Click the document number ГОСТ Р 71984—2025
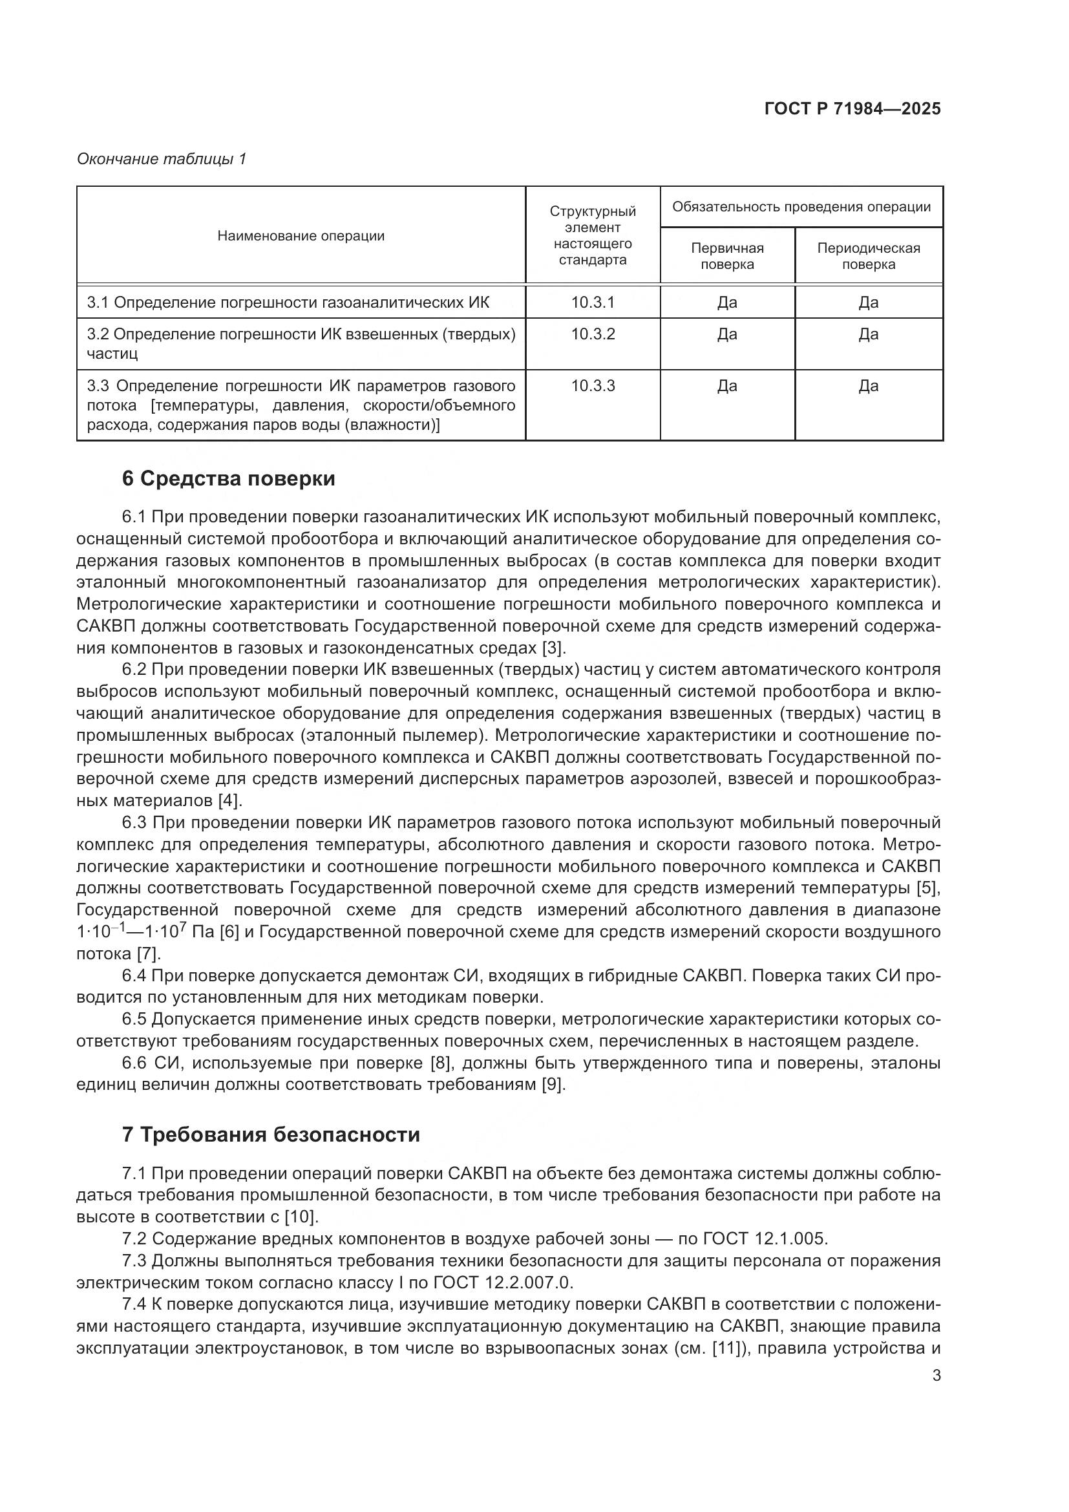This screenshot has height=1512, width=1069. [852, 109]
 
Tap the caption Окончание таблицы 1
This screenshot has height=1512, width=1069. [162, 159]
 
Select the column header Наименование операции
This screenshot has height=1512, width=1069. [301, 236]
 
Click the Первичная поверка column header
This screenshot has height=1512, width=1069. [726, 256]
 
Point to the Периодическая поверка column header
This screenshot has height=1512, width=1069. [868, 256]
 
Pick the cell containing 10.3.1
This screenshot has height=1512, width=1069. [593, 303]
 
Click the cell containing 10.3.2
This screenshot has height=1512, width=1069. [593, 334]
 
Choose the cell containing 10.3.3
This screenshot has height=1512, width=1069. [593, 386]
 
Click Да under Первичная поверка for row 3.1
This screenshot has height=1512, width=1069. [726, 303]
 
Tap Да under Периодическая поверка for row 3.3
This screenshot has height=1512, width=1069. [868, 386]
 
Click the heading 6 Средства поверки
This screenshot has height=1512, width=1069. [228, 479]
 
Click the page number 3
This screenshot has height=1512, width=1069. [936, 1376]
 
